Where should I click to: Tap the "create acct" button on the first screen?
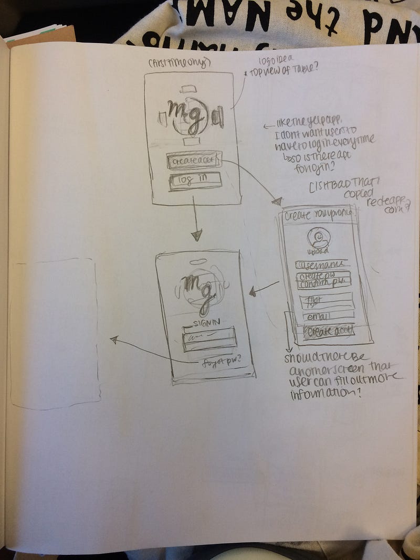[194, 160]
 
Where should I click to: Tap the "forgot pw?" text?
[223, 361]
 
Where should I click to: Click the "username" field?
[321, 264]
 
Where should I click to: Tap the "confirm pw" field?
[324, 284]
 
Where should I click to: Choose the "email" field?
[327, 316]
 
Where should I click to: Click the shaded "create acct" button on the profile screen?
[329, 331]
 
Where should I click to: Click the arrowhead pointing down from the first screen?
[196, 235]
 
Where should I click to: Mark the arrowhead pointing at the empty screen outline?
[113, 340]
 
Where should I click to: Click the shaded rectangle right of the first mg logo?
[218, 118]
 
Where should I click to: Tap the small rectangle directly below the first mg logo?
[191, 141]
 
